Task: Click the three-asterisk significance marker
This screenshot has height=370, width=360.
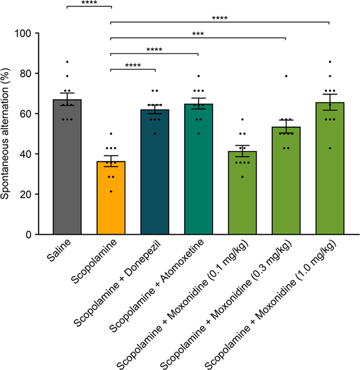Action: [x=198, y=34]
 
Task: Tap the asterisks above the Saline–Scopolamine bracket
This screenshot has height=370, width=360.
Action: [x=89, y=3]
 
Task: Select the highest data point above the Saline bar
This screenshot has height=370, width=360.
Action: [x=67, y=62]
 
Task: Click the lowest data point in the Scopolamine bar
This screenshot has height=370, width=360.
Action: [x=111, y=192]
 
